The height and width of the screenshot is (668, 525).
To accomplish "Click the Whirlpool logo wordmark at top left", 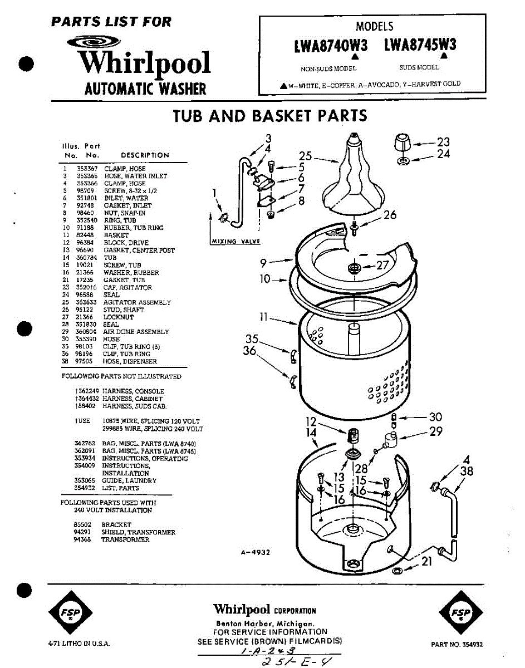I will tap(144, 63).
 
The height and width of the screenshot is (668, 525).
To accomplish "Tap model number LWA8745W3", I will tap(420, 45).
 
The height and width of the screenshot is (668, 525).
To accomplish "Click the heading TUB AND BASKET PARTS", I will tap(270, 116).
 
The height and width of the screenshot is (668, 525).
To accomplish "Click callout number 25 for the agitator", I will tap(305, 156).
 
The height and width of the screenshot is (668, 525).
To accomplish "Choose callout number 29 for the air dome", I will tap(435, 431).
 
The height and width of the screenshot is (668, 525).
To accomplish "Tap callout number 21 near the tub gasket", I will tap(426, 562).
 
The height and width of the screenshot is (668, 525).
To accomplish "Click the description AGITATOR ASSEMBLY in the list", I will tap(137, 302).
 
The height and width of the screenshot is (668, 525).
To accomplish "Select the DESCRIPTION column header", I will tap(145, 155).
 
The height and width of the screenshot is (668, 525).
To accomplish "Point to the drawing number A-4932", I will tap(256, 552).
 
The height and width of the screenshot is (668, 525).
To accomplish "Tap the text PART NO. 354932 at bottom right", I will tap(457, 644).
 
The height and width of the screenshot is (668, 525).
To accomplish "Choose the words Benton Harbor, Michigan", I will tap(266, 623).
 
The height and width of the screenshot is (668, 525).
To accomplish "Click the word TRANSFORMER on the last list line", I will tap(125, 539).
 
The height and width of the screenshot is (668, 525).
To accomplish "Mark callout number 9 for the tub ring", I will tap(263, 263).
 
